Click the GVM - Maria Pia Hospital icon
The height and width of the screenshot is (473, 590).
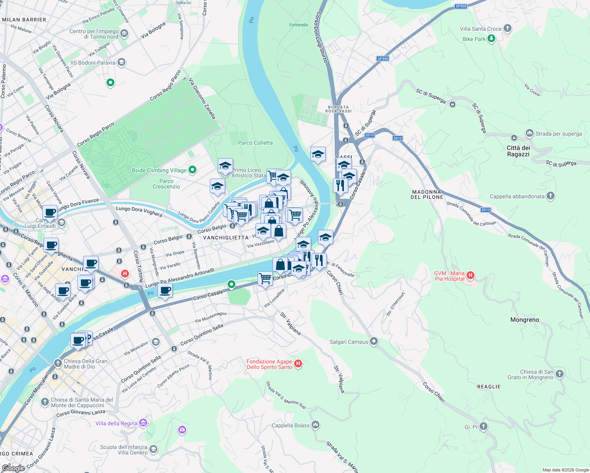pos(470,276)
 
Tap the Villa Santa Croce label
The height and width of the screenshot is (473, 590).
pos(480,29)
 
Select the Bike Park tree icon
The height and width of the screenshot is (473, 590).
pos(491,39)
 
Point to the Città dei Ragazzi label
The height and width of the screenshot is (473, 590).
pos(518,151)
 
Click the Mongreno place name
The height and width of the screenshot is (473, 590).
pos(525,320)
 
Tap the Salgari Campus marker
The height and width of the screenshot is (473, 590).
pos(374,341)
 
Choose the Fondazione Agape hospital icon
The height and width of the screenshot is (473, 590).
pos(298,364)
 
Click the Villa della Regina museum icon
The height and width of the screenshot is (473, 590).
pos(143,423)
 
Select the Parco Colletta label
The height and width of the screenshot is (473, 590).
pos(255,143)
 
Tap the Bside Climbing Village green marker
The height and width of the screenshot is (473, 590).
pos(192,170)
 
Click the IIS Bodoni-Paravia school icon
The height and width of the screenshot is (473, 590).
pos(121,62)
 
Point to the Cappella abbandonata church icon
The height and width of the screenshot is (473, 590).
pos(551,196)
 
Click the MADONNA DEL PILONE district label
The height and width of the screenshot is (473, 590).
pos(427,194)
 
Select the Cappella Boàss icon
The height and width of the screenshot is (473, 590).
pos(315,425)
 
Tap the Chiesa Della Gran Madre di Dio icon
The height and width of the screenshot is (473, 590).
pos(58,363)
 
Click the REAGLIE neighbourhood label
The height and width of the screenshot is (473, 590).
pos(489,387)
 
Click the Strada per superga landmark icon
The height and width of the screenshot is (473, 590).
pos(529,133)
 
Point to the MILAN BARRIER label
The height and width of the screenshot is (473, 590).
pos(24,20)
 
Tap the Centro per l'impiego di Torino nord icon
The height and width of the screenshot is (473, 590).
pos(124,34)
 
